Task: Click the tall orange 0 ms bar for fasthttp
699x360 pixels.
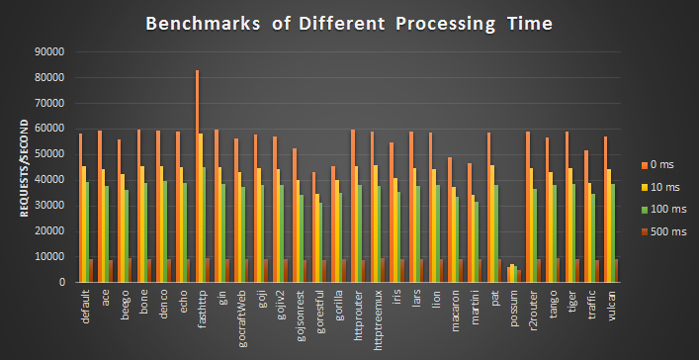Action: (x=197, y=178)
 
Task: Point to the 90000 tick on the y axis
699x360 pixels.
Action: (x=48, y=51)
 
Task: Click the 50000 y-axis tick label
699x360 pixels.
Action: (x=48, y=154)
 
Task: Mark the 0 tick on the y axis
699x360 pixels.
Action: (x=61, y=282)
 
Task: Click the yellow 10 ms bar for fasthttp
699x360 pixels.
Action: (x=201, y=208)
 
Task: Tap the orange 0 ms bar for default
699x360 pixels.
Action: (x=81, y=208)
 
